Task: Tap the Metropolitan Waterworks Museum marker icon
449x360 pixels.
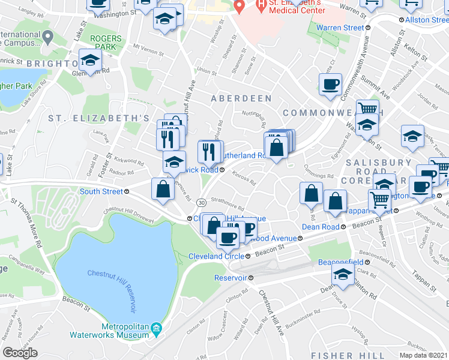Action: [x=156, y=328]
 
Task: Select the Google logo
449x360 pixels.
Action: [x=20, y=353]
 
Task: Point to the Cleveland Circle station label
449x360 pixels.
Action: [x=215, y=256]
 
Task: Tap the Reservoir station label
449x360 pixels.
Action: [x=231, y=278]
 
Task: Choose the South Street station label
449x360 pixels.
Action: [x=101, y=191]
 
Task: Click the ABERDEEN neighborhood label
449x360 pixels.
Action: [x=241, y=98]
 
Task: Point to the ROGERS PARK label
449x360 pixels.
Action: [x=106, y=43]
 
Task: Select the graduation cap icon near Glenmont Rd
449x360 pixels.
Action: [x=90, y=61]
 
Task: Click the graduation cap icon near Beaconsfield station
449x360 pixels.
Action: [x=342, y=275]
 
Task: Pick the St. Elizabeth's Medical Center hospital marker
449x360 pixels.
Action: [x=240, y=7]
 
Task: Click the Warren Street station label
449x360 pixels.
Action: [x=340, y=28]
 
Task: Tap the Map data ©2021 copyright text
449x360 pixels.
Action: [x=423, y=355]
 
